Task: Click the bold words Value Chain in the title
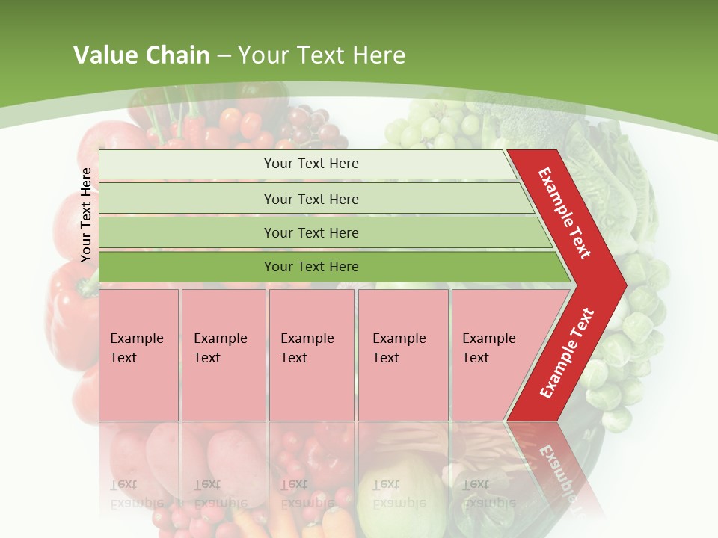tap(141, 55)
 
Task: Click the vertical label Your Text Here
tap(86, 214)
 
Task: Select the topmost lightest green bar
tap(307, 164)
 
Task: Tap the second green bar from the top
tap(314, 199)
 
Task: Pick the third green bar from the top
tap(322, 232)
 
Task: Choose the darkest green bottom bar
tap(329, 267)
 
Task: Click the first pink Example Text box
tap(138, 355)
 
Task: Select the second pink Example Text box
tap(223, 355)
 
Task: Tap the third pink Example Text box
tap(311, 355)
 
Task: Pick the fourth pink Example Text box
tap(402, 355)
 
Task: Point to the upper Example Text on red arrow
tap(565, 213)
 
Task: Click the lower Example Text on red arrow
tap(567, 353)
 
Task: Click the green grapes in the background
tap(423, 127)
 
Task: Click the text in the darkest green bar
tap(311, 267)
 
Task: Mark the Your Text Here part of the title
tap(322, 55)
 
